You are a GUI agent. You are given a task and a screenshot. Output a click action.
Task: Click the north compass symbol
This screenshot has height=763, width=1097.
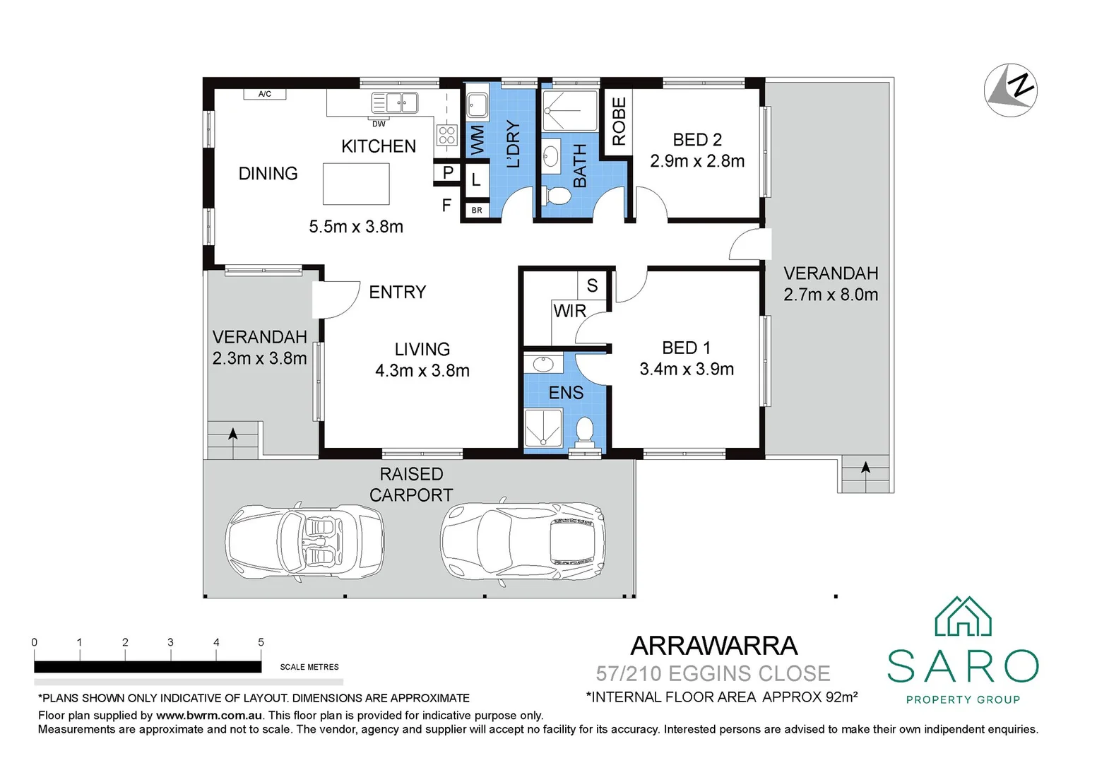click(x=1010, y=90)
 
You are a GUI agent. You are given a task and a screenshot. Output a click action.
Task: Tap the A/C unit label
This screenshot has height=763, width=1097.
click(x=265, y=94)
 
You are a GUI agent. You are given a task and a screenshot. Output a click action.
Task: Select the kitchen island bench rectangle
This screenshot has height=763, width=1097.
click(x=356, y=184)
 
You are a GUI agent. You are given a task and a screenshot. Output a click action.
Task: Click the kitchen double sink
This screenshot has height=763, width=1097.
click(x=394, y=103)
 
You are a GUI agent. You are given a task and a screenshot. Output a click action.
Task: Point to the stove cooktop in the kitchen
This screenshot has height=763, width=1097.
click(x=446, y=135)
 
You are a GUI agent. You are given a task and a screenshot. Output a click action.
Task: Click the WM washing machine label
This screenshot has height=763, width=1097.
click(x=478, y=140)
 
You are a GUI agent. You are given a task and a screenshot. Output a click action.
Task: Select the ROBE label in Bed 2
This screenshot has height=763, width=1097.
click(x=619, y=122)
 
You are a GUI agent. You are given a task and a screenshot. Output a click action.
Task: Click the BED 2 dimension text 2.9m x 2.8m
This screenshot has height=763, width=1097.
click(x=697, y=161)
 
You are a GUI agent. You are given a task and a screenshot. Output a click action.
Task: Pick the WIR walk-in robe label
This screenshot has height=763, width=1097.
click(x=569, y=311)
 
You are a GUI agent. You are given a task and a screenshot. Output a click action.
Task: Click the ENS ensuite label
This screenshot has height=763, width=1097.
click(x=566, y=393)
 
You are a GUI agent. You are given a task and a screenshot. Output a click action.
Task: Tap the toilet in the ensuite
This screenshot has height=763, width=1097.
click(x=584, y=430)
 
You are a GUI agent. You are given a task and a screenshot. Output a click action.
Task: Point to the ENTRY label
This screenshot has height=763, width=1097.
click(x=397, y=292)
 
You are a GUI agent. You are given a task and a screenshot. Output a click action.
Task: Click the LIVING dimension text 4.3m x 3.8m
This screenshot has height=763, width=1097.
click(x=422, y=370)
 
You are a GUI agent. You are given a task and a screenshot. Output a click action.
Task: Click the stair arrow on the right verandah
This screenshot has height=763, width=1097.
click(x=865, y=468)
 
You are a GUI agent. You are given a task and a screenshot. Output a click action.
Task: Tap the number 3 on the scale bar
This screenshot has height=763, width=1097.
click(x=170, y=642)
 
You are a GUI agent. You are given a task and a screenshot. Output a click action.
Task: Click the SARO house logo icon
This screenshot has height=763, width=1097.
click(x=963, y=617)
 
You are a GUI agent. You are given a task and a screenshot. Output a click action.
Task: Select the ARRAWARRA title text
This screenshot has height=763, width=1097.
click(x=713, y=646)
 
